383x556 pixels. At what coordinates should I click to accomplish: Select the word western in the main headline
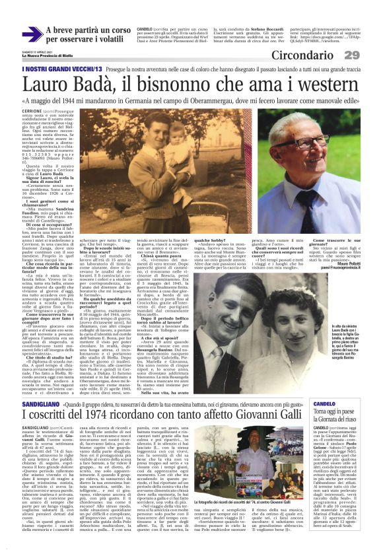(x=326, y=84)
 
